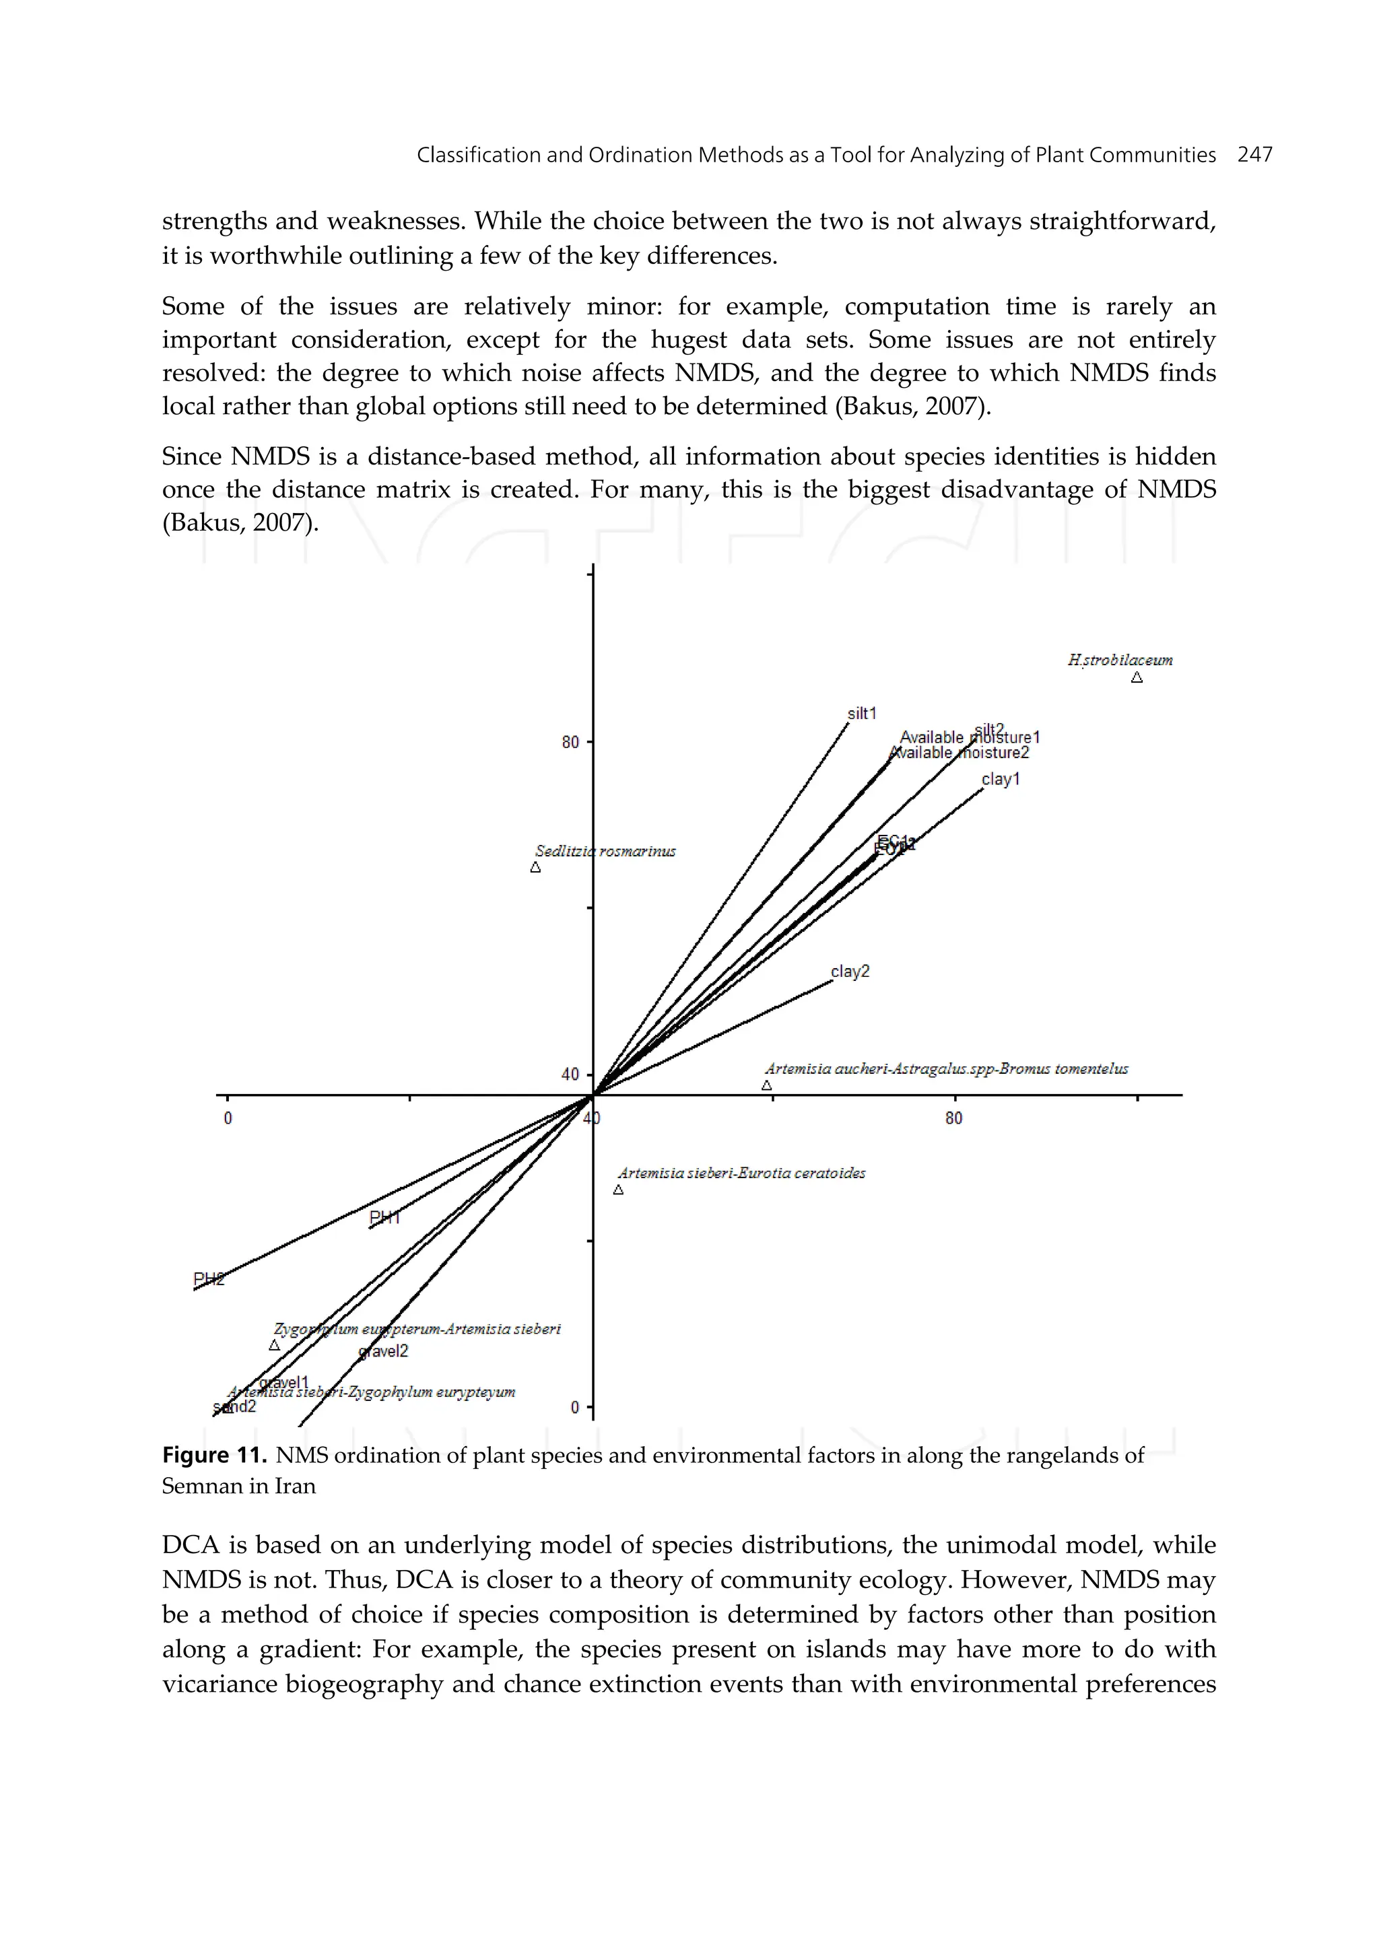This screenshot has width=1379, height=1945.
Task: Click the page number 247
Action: (1254, 155)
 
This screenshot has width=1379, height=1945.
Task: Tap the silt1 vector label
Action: (861, 713)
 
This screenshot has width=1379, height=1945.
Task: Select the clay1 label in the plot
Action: (1001, 780)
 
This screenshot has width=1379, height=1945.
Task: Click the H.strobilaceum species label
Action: (1119, 660)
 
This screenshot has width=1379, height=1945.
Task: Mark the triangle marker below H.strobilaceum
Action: (1137, 677)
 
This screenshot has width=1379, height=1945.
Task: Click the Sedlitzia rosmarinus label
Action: (605, 851)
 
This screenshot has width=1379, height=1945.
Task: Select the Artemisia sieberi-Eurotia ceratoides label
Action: (741, 1173)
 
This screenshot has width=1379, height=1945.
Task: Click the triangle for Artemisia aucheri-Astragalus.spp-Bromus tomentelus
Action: (767, 1085)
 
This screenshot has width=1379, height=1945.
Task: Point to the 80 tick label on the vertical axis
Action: (570, 742)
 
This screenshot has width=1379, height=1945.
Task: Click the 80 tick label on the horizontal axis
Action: (953, 1118)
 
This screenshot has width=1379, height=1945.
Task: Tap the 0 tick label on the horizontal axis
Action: (228, 1118)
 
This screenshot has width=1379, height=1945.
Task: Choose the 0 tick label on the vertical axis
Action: (575, 1408)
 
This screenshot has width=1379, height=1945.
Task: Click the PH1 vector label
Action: (384, 1217)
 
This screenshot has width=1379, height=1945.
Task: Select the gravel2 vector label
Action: (384, 1352)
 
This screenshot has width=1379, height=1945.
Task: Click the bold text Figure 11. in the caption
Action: (214, 1455)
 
